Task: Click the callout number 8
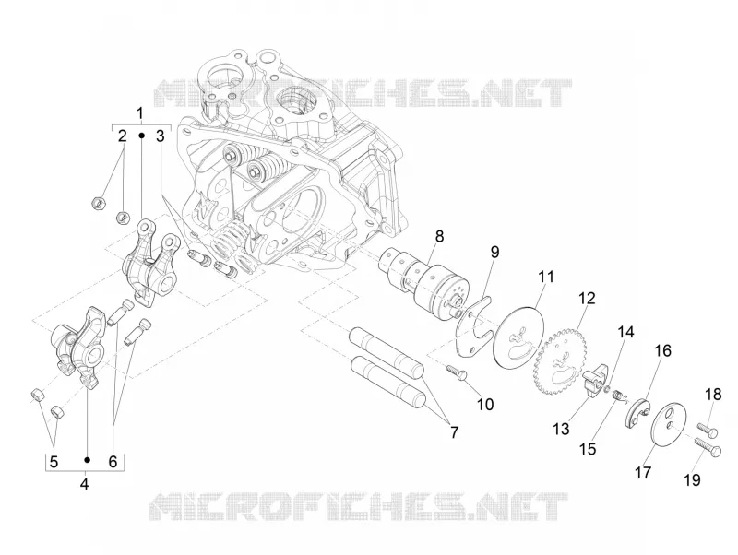(439, 236)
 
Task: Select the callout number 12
(587, 298)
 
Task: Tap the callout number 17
(642, 472)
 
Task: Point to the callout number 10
(485, 404)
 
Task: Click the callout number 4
(84, 483)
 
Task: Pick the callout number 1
(140, 113)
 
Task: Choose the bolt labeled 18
(708, 429)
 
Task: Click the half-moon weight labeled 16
(637, 413)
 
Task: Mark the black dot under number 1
(141, 136)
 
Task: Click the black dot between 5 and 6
(87, 459)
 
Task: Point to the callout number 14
(625, 332)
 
